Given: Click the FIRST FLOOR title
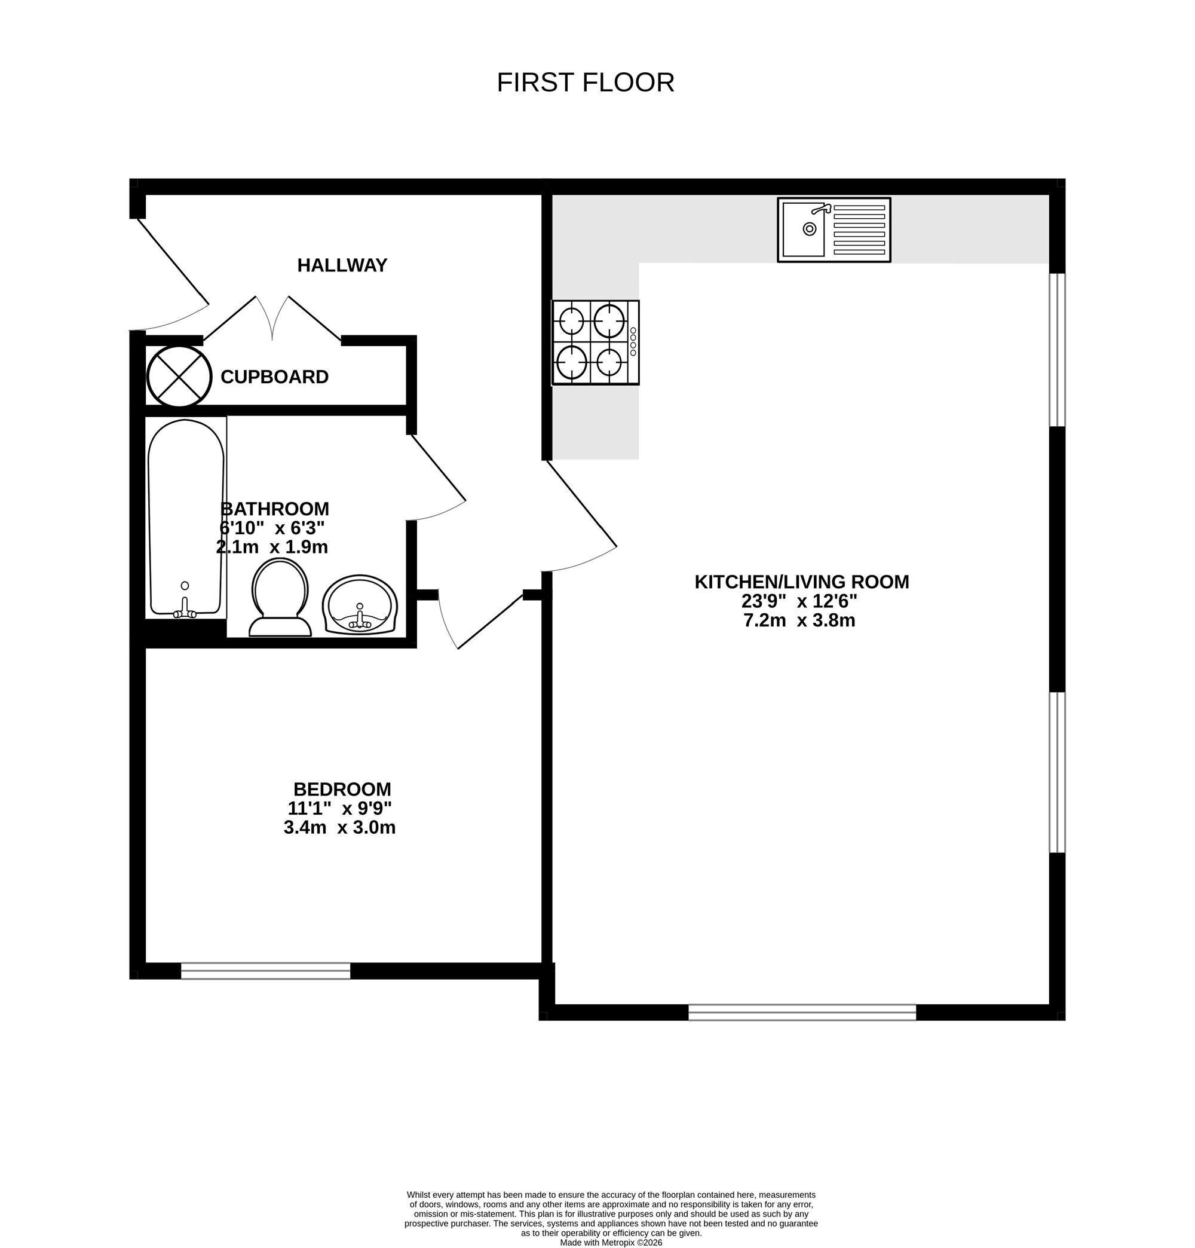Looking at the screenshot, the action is (585, 82).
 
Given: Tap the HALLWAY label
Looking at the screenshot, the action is (342, 265).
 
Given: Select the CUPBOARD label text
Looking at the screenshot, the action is (274, 377).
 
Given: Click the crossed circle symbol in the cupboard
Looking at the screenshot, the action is (179, 377).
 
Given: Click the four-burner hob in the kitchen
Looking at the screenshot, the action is (595, 342).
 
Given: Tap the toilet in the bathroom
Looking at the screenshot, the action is (280, 597).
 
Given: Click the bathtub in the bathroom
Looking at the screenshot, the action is (186, 517).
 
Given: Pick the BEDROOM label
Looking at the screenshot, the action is (342, 789).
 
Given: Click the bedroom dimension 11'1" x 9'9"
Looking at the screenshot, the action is (339, 808).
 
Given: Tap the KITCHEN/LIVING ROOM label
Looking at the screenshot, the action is (802, 582).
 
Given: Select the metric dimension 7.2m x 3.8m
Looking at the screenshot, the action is (799, 620).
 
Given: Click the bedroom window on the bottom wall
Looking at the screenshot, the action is (265, 971).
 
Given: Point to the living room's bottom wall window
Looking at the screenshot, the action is (802, 1012).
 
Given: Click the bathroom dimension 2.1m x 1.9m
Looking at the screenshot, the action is (272, 546).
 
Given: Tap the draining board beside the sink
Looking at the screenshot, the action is (859, 230).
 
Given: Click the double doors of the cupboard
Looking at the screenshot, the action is (272, 319).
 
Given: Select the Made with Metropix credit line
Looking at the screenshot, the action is (611, 1242).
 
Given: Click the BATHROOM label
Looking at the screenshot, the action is (274, 509).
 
